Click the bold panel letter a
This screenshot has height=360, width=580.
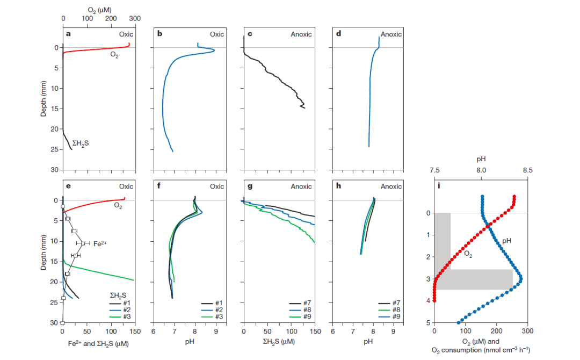tap(68, 34)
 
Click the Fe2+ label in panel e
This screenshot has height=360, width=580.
tap(100, 243)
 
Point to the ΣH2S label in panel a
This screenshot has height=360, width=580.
tap(81, 143)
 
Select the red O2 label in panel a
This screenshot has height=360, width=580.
tap(114, 56)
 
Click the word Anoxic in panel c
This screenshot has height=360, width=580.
tap(301, 34)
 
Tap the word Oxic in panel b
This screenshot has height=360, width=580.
tap(217, 34)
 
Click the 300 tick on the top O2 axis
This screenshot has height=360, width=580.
tap(135, 19)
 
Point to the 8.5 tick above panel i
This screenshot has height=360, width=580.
tap(527, 170)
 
